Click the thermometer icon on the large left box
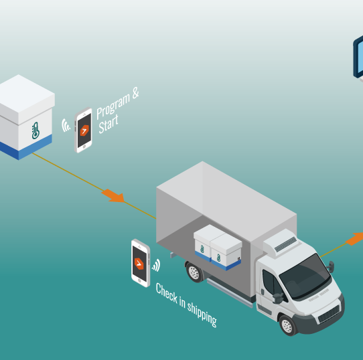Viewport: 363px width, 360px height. pos(35,130)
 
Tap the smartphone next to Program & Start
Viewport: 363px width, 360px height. pos(84,130)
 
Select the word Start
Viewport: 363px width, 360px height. pos(108,125)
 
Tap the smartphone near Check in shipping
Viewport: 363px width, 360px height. pos(140,262)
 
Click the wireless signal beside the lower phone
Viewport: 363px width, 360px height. pos(157,266)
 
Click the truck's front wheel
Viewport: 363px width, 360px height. pos(288,325)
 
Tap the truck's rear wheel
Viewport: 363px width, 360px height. pos(194,272)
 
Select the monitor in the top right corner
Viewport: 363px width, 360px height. pos(358,58)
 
